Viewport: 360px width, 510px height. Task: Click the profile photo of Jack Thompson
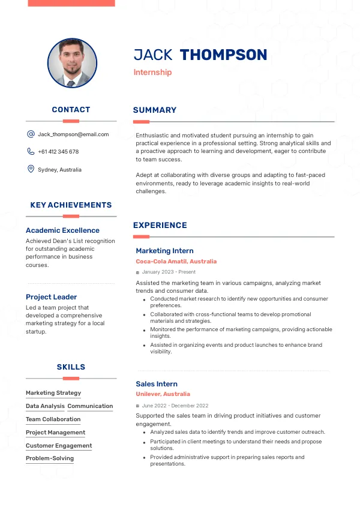(72, 64)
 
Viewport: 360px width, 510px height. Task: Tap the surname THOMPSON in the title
(223, 55)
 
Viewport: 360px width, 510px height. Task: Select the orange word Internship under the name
(152, 73)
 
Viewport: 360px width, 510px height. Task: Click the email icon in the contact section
(31, 134)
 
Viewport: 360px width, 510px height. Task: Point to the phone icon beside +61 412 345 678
(31, 152)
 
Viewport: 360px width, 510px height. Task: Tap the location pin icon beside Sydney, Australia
(31, 169)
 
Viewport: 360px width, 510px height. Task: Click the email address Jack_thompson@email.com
(73, 134)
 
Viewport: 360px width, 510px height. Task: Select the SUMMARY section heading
(155, 110)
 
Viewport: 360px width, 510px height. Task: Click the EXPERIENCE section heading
(160, 226)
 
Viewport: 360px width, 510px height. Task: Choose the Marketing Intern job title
(164, 251)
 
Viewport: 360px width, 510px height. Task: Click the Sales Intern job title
(157, 384)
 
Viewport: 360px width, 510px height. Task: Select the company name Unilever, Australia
(163, 394)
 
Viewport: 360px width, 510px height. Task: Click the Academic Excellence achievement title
(62, 230)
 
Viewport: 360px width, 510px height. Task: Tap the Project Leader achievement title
(52, 297)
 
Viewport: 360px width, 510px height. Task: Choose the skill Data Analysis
(45, 406)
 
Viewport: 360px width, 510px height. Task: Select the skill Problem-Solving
(50, 458)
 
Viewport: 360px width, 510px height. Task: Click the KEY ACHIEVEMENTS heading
(71, 205)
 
